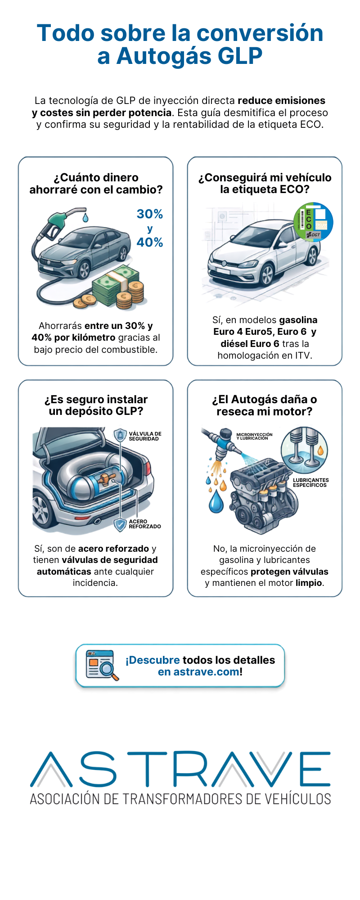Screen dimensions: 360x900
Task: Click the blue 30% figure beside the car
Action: [x=150, y=214]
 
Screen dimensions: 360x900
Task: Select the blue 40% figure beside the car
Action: [x=150, y=243]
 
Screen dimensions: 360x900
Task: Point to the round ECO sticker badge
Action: [x=313, y=222]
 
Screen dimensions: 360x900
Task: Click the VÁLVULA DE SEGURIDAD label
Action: [x=145, y=436]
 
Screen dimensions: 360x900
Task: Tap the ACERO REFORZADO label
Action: [x=144, y=524]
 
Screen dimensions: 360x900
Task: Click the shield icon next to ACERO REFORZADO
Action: [x=120, y=525]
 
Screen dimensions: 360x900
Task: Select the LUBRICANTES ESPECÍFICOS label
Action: [x=310, y=482]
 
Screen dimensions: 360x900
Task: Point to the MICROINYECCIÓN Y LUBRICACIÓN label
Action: [x=254, y=436]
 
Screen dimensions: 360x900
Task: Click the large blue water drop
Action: [x=216, y=501]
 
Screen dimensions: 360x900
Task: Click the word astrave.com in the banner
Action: [x=206, y=672]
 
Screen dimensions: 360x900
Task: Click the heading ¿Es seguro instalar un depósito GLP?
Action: [x=96, y=405]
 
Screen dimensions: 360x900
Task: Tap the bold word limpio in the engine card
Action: [x=309, y=583]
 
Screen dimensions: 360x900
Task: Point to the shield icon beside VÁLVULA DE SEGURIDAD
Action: [x=120, y=435]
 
